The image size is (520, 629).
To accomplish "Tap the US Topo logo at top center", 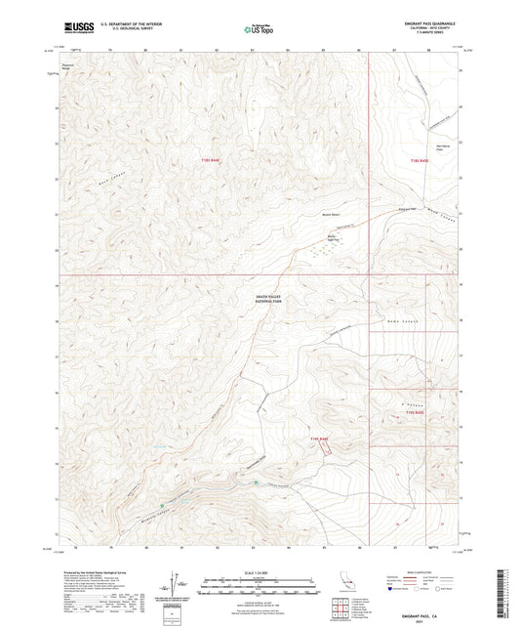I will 259,30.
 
